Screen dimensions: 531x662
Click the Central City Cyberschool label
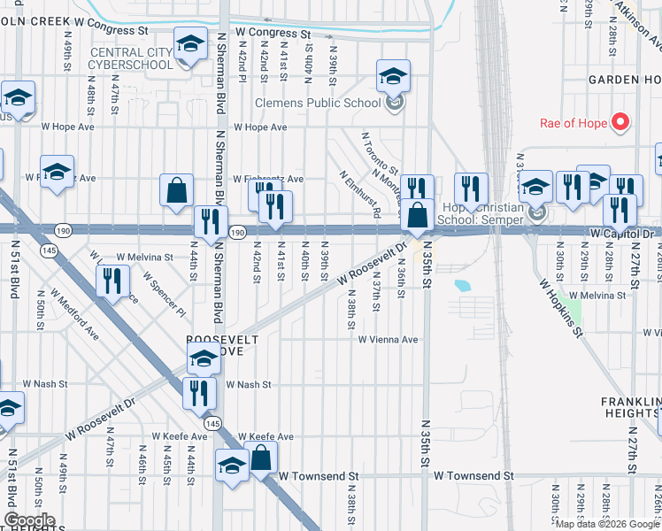click(132, 58)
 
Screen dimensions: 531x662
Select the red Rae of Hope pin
click(621, 122)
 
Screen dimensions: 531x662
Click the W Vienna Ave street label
click(388, 339)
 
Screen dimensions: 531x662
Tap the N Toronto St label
click(380, 153)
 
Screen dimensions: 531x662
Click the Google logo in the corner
click(29, 520)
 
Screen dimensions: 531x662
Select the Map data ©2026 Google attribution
click(606, 524)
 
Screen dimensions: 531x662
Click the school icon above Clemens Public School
click(393, 75)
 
